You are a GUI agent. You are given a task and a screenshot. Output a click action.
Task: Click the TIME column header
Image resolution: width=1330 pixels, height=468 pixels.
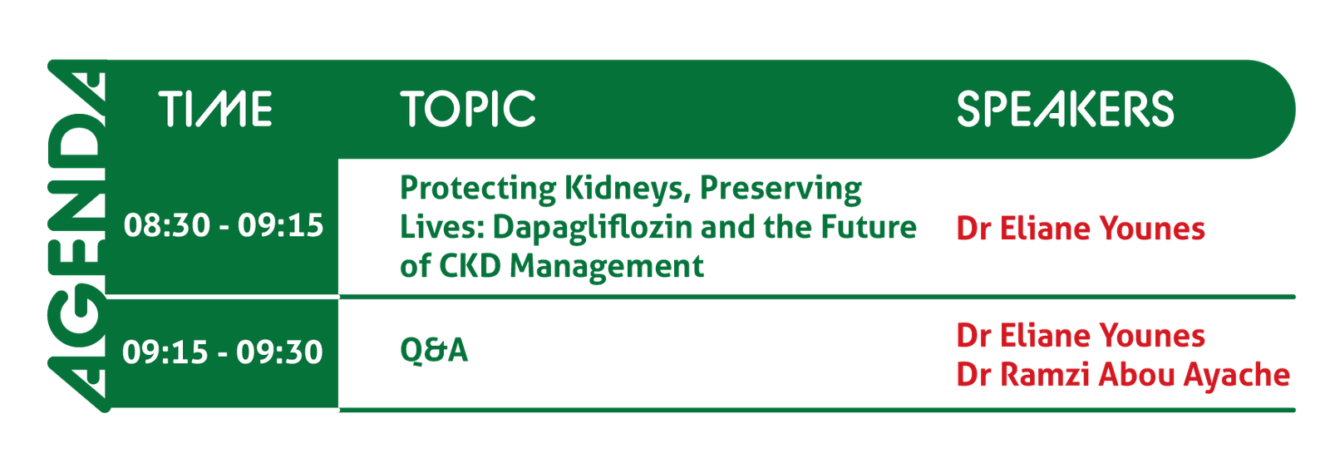tap(216, 109)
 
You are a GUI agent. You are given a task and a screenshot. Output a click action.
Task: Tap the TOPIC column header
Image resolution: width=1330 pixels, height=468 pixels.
tap(468, 109)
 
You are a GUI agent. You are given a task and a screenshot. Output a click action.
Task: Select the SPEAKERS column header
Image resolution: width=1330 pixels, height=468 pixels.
tap(1065, 109)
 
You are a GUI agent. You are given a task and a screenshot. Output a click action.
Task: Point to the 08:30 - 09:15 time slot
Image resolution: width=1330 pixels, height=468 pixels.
tap(224, 225)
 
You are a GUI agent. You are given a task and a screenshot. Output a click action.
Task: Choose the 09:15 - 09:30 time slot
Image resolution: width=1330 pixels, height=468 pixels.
tap(223, 352)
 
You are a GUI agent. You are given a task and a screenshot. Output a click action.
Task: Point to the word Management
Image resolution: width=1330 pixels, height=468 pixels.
tap(607, 268)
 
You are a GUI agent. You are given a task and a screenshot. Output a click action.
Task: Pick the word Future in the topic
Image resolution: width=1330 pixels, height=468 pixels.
tap(869, 227)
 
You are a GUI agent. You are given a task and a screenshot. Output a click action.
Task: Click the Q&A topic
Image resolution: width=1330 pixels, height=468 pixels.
tap(434, 350)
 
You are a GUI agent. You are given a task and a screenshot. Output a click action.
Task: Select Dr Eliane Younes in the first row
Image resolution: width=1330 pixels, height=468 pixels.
tap(1081, 229)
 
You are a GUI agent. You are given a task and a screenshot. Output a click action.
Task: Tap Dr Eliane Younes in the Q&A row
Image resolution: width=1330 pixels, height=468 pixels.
tap(1081, 336)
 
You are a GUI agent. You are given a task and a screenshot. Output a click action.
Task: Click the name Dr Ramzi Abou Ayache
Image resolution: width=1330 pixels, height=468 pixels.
tap(1123, 375)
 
